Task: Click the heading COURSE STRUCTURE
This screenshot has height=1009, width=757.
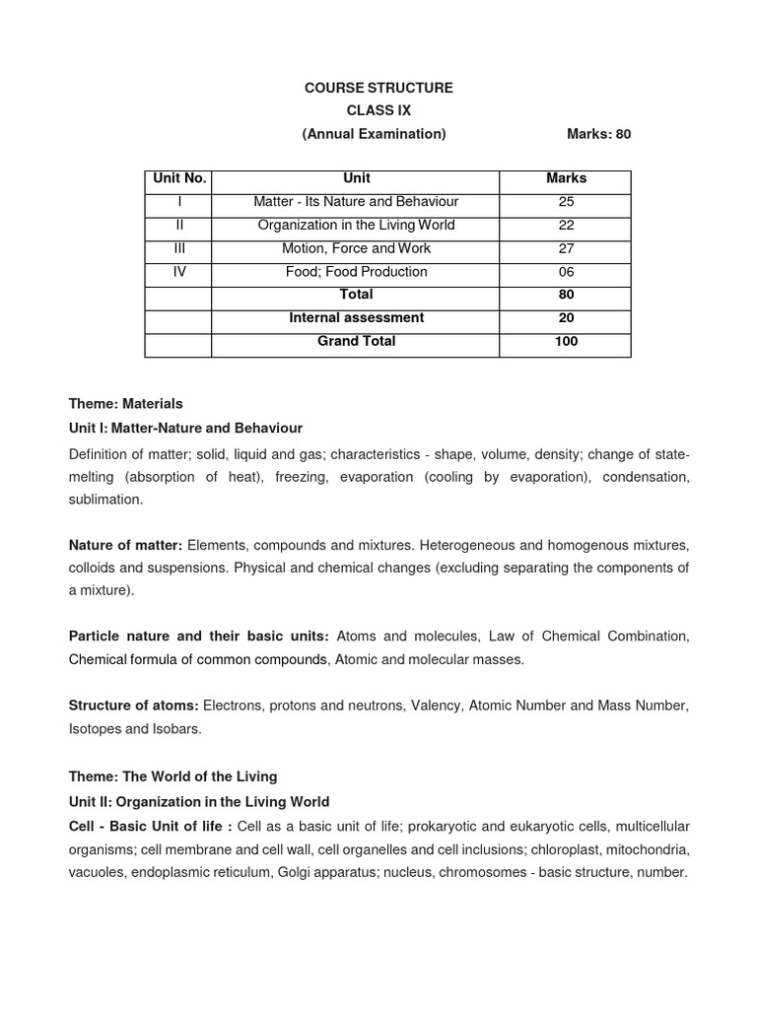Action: (x=378, y=88)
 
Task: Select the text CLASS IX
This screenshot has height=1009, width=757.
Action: (x=378, y=110)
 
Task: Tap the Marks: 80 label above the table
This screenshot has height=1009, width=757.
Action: (x=598, y=134)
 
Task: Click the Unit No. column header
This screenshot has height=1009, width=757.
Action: (x=178, y=178)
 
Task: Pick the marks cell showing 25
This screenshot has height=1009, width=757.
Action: (x=565, y=202)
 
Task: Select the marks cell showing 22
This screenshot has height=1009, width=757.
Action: (x=565, y=225)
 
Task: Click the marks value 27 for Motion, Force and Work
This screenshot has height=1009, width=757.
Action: (x=565, y=248)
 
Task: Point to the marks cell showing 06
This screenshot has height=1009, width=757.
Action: (x=565, y=272)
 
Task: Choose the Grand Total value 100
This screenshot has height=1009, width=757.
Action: (x=565, y=341)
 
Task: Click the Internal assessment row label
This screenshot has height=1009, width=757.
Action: (x=356, y=317)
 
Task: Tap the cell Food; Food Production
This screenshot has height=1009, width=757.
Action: (x=356, y=272)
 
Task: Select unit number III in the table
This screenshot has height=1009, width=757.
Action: (x=178, y=248)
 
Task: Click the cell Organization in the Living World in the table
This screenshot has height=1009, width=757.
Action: (x=356, y=225)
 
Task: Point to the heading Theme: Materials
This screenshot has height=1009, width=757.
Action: (x=125, y=404)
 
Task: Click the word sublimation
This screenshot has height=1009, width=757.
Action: (x=105, y=500)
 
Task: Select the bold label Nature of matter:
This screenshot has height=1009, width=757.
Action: (x=125, y=545)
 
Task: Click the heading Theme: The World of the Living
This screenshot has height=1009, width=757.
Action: (x=172, y=777)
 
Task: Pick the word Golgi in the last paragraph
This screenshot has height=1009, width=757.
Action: (x=295, y=872)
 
